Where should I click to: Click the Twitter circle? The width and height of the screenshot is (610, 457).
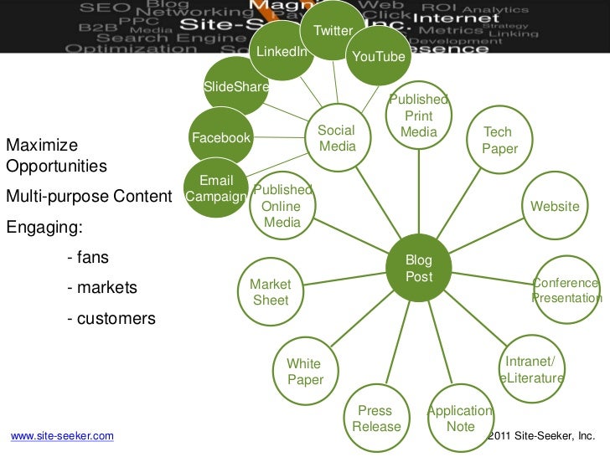[x=333, y=31]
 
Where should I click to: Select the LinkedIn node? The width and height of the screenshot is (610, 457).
[x=282, y=52]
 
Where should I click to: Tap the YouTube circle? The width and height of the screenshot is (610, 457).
[x=378, y=57]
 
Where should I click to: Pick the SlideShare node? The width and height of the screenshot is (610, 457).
[x=236, y=87]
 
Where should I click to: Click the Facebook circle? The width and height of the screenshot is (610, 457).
[x=221, y=137]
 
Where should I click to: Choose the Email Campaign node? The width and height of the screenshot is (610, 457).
[x=216, y=189]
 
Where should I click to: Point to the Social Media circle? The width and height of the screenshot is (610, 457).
[x=337, y=139]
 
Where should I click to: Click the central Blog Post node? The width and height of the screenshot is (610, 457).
[x=418, y=268]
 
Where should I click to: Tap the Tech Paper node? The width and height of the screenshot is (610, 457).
[x=499, y=141]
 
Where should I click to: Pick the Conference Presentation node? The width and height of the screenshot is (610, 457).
[x=566, y=290]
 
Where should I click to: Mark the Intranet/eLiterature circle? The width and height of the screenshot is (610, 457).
[x=532, y=370]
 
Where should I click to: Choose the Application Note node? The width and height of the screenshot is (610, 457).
[x=460, y=418]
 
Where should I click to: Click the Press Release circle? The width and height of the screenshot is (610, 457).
[x=376, y=418]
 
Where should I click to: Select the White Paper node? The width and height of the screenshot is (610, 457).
[x=305, y=372]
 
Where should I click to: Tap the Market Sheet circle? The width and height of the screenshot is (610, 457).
[x=271, y=292]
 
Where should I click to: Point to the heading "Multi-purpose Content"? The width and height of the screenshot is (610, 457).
[x=93, y=198]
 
